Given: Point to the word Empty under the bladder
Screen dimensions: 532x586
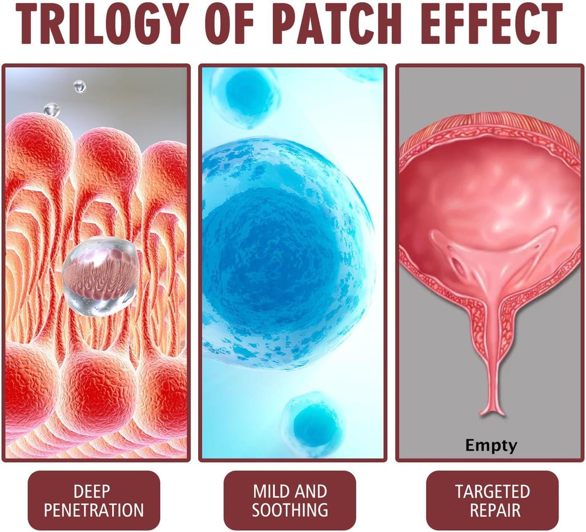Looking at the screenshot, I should tap(491, 445).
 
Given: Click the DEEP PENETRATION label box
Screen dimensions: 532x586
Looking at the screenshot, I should tap(94, 500).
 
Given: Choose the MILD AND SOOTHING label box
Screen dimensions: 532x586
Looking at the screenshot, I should tap(290, 500).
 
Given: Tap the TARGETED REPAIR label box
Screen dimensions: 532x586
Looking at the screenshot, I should tap(493, 500).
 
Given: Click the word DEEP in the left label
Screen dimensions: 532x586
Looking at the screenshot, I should tap(92, 491).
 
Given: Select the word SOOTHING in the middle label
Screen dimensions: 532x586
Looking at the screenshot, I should tap(290, 510).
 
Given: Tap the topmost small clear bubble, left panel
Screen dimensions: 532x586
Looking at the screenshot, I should tap(79, 86).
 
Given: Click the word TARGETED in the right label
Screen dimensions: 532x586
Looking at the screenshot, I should tap(493, 491).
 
